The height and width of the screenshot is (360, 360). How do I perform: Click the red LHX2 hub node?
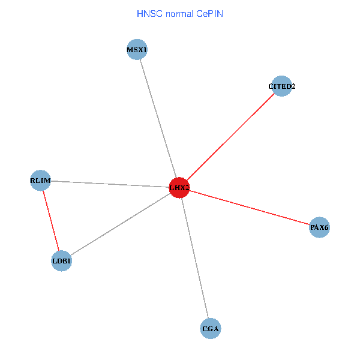coord(179,188)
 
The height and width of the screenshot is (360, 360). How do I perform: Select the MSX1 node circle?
coord(137,50)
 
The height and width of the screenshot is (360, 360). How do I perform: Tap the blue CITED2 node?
coord(281,86)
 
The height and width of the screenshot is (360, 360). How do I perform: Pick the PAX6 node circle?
coord(319,227)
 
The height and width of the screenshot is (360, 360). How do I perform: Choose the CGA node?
coord(211,329)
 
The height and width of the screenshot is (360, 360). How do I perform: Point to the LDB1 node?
coord(61,261)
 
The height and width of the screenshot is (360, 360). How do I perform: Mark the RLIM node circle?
coord(40,181)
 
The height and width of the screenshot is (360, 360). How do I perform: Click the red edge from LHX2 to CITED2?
coord(230,137)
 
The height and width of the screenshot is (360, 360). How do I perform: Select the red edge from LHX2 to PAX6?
coord(249,208)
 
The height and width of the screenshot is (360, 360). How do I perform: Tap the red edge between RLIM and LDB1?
coord(51,221)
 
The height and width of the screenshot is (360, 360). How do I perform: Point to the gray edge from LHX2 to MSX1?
coord(158,119)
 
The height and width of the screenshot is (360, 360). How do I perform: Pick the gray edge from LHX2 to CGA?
coord(195,258)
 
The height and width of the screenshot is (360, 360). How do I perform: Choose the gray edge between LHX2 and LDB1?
coord(120,224)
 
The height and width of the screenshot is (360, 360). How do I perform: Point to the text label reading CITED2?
coord(281,86)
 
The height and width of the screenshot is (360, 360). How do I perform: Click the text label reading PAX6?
coord(319,227)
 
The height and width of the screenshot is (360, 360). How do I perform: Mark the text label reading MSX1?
coord(137,50)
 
